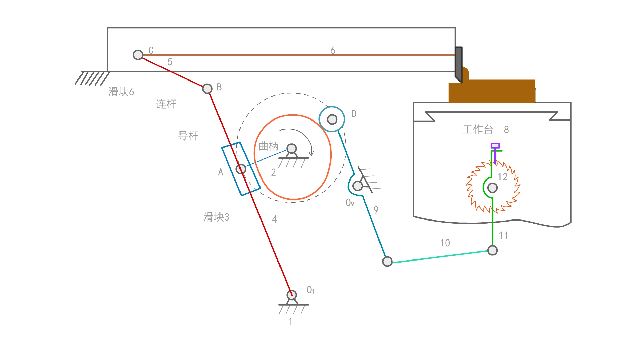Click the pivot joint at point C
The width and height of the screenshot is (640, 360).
pyautogui.click(x=138, y=55)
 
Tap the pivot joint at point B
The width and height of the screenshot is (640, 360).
pyautogui.click(x=207, y=89)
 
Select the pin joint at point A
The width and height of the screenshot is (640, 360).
pyautogui.click(x=241, y=169)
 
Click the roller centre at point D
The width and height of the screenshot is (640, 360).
pyautogui.click(x=332, y=119)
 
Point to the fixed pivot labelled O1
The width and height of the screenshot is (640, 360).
pyautogui.click(x=292, y=295)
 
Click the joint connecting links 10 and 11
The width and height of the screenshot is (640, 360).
pyautogui.click(x=492, y=250)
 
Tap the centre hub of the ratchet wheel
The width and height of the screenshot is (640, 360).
pyautogui.click(x=492, y=188)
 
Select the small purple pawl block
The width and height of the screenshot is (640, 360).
pyautogui.click(x=495, y=146)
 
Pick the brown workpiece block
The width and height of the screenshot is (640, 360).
pyautogui.click(x=492, y=91)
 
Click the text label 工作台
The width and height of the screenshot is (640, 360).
pyautogui.click(x=478, y=130)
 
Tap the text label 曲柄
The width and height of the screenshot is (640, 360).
pyautogui.click(x=268, y=146)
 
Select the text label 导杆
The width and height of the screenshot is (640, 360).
pyautogui.click(x=188, y=136)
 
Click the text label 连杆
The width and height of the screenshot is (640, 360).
pyautogui.click(x=166, y=104)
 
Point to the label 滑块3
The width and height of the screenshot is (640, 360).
pyautogui.click(x=216, y=217)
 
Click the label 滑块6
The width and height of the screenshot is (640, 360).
pyautogui.click(x=121, y=92)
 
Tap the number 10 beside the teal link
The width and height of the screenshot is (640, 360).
pyautogui.click(x=445, y=243)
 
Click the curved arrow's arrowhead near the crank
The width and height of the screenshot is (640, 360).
pyautogui.click(x=311, y=154)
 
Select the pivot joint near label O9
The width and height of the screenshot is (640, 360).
pyautogui.click(x=357, y=186)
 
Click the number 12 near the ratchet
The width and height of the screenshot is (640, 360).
pyautogui.click(x=503, y=177)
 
